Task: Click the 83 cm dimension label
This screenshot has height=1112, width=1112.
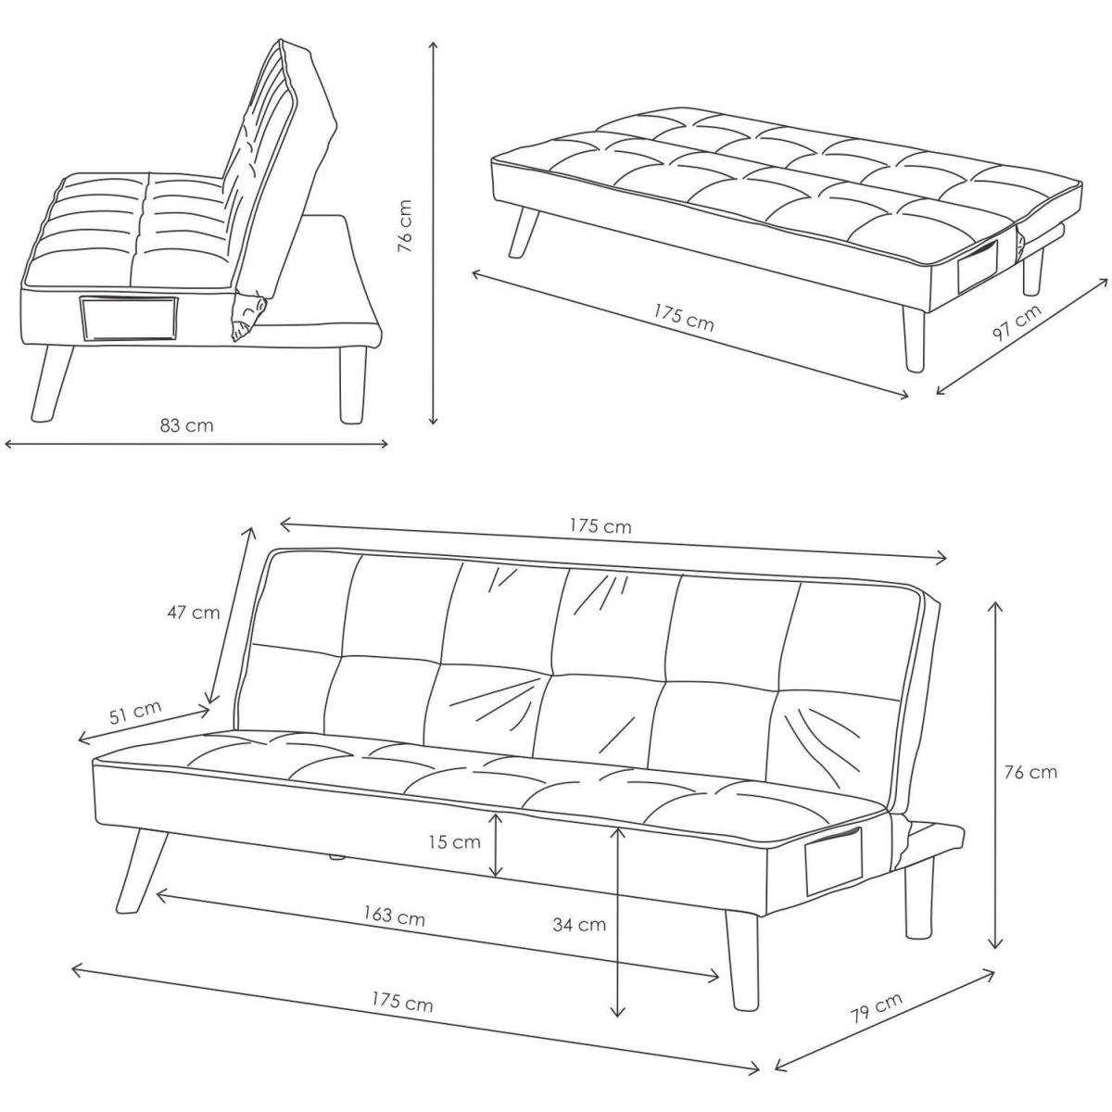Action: pos(186,425)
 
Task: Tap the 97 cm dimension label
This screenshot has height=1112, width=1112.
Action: pos(1017,322)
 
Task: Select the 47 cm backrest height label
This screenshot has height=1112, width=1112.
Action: pos(194,613)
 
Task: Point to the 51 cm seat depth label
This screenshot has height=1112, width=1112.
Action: pos(136,713)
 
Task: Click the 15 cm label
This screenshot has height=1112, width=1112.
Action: pos(454,841)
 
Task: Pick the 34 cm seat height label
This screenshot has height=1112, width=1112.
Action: pos(579,925)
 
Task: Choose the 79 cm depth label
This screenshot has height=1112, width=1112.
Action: pos(876,1009)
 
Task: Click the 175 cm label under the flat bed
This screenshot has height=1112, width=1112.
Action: pos(684,318)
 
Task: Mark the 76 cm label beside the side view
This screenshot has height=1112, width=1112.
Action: pos(406,226)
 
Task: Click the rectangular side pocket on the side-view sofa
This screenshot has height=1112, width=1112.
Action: pos(129,319)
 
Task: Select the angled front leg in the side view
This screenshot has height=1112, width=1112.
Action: pos(53,383)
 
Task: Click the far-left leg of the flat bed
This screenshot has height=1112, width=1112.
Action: pos(524,232)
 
